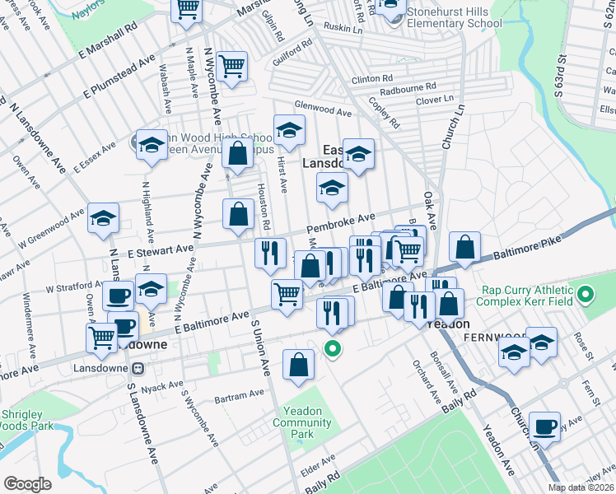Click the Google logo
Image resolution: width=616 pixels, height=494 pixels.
[x=26, y=484]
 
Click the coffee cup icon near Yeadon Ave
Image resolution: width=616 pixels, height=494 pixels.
[x=544, y=426]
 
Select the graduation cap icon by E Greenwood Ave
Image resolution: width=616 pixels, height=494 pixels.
[x=104, y=218]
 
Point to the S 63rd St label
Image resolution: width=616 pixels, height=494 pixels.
[x=560, y=74]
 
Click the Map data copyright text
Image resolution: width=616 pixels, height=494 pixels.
[x=580, y=487]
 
